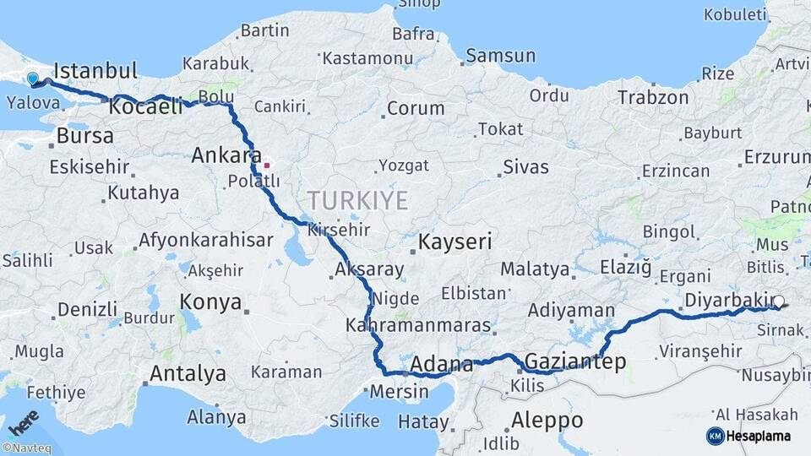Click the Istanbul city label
95,69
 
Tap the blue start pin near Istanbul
32,79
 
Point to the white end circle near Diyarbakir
779,301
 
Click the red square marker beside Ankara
267,166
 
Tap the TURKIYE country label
357,200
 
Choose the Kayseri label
455,242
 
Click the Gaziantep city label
575,362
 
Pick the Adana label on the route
441,366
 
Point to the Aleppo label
547,420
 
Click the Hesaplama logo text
761,436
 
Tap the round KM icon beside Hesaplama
715,436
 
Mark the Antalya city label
188,373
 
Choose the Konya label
210,302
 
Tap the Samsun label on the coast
501,56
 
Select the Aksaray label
369,270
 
